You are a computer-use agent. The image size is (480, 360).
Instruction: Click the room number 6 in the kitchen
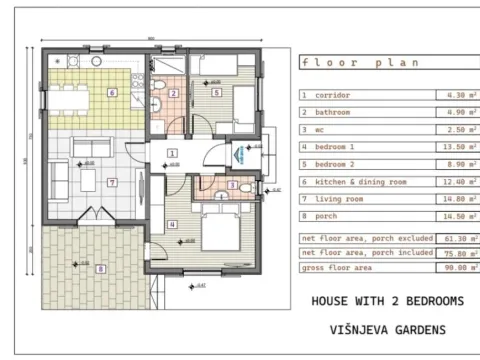[112, 93]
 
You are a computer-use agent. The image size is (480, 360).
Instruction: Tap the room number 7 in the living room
[112, 182]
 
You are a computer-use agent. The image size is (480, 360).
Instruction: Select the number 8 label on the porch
[99, 267]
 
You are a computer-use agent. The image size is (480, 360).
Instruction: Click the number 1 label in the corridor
[172, 153]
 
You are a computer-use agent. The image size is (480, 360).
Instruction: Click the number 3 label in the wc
[232, 185]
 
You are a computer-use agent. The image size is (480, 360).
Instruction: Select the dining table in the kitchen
[70, 97]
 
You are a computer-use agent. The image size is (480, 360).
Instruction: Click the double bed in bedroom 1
[224, 232]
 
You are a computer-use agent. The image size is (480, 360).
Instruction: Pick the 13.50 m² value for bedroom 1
[453, 144]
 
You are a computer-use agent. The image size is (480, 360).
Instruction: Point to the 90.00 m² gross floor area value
[453, 268]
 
